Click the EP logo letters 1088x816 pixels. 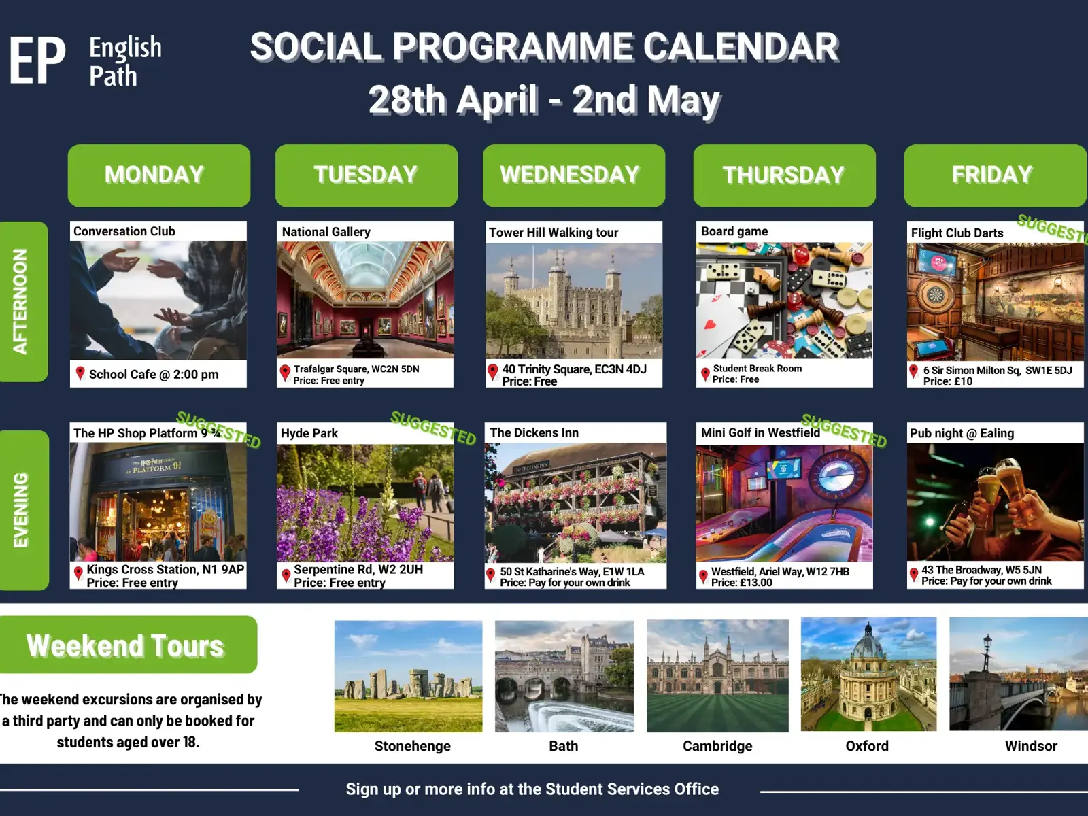click(37, 61)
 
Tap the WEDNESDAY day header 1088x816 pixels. click(573, 175)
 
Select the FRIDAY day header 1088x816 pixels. click(995, 175)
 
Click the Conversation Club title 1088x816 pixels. click(124, 231)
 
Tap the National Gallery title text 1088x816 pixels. click(326, 232)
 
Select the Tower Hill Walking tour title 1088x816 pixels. click(554, 233)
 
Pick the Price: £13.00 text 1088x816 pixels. click(741, 583)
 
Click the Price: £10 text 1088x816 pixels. click(948, 381)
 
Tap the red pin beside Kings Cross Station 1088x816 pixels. click(78, 574)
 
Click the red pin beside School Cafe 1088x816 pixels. click(80, 373)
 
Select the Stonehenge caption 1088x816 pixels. click(412, 746)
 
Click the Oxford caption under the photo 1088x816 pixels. click(867, 746)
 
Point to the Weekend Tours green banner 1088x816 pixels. click(128, 645)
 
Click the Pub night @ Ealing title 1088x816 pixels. click(962, 434)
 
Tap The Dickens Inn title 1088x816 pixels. click(534, 432)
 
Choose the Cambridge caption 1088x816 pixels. click(717, 746)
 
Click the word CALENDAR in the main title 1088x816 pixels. click(741, 47)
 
